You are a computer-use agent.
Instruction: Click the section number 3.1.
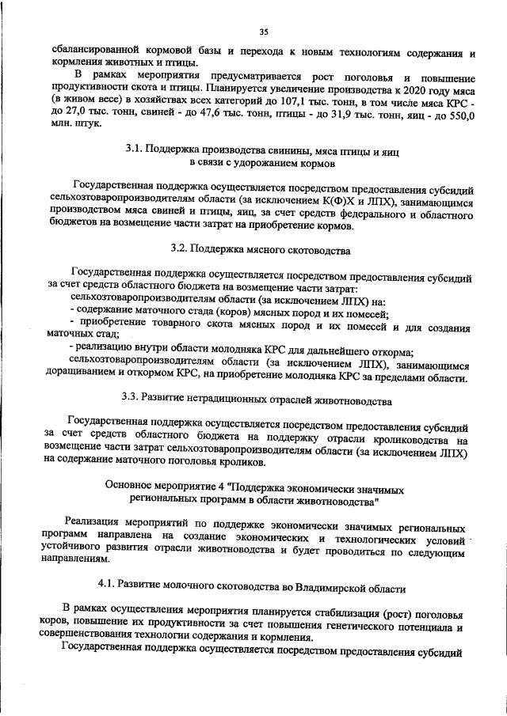(x=135, y=150)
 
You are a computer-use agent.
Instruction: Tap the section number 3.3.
(x=132, y=396)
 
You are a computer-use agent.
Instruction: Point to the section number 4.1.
(x=108, y=588)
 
